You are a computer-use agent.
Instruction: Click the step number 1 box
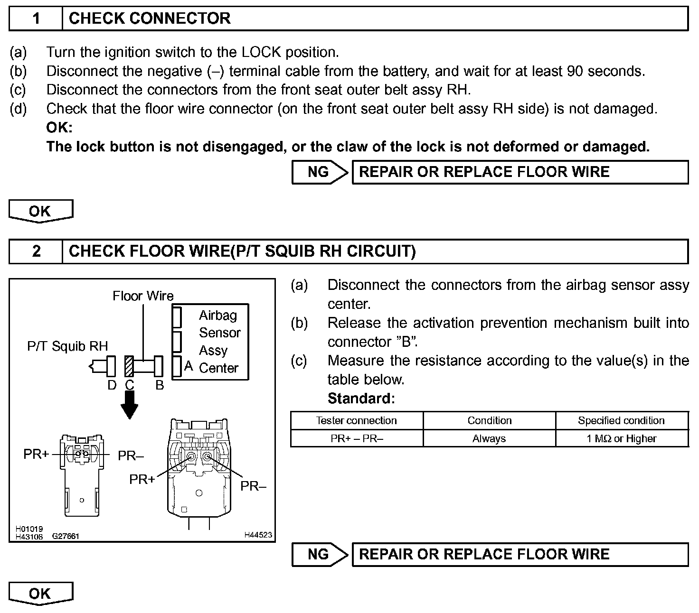click(36, 19)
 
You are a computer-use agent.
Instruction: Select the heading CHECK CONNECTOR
click(150, 19)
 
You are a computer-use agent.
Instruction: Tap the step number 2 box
click(36, 251)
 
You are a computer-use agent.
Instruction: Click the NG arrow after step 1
click(320, 172)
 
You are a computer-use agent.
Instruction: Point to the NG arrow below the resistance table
click(320, 555)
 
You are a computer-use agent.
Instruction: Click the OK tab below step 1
click(40, 211)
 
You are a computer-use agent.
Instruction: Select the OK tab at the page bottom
click(40, 594)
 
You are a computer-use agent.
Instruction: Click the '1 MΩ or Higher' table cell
click(622, 438)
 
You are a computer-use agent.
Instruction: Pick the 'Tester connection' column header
click(357, 420)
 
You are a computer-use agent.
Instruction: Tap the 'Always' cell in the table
click(489, 438)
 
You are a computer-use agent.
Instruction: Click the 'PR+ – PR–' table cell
click(357, 438)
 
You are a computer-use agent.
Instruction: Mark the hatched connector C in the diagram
click(129, 366)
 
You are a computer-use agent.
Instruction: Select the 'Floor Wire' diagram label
click(143, 296)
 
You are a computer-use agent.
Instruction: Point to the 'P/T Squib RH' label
click(67, 346)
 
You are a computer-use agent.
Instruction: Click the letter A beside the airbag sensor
click(189, 366)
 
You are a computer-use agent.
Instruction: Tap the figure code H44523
click(258, 535)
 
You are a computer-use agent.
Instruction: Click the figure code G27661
click(66, 537)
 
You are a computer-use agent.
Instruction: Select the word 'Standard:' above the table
click(361, 399)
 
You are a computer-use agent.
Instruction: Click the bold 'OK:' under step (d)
click(59, 128)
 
